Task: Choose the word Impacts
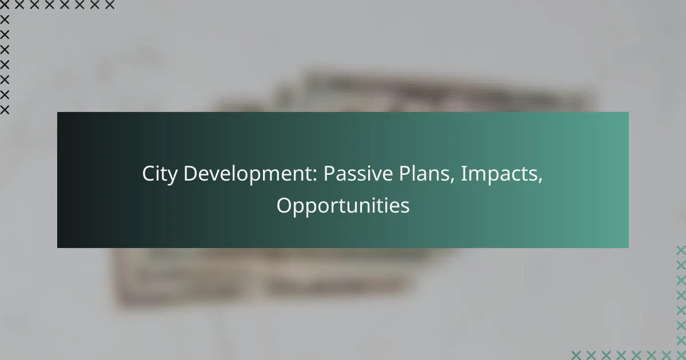(497, 175)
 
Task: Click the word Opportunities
(343, 206)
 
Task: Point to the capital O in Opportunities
(284, 205)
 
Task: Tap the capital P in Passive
(329, 175)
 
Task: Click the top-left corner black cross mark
(5, 5)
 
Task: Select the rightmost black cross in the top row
(110, 5)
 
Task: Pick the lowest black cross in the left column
(5, 109)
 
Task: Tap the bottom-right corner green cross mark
(681, 354)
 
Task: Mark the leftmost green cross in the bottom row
(576, 354)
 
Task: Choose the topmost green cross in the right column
(681, 250)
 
